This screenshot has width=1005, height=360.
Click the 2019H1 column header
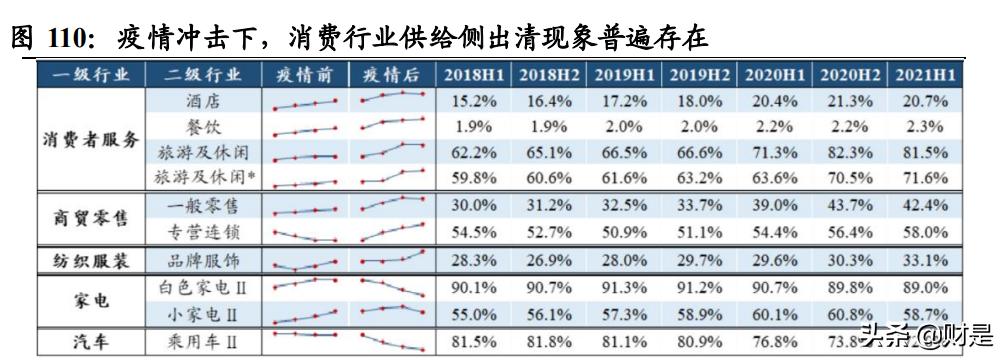(x=626, y=75)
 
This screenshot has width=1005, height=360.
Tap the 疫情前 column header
(x=305, y=75)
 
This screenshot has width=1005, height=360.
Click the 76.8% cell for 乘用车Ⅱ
(x=777, y=341)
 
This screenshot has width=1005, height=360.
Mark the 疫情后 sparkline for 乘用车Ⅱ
(x=392, y=341)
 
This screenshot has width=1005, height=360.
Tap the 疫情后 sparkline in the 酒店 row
(x=392, y=99)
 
